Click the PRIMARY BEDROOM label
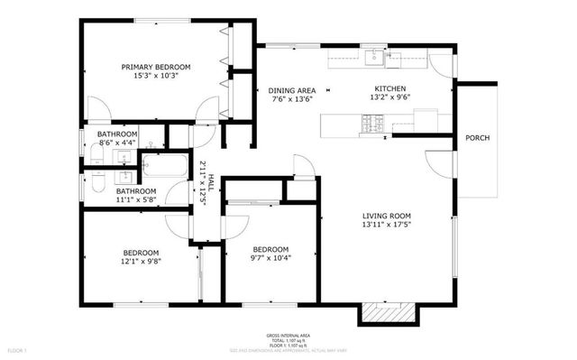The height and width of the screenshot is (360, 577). point(157,67)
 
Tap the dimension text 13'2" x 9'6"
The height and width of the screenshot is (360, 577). point(392,100)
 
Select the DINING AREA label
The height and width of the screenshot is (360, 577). point(291,89)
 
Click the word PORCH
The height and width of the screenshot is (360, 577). point(477,138)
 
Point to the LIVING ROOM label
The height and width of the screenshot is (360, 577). point(387,216)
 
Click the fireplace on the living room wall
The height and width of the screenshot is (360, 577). point(388,312)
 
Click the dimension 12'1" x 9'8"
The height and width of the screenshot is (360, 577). point(141,263)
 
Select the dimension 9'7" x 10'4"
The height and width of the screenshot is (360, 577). point(270,260)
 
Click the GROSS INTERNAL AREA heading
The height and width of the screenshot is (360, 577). point(288,334)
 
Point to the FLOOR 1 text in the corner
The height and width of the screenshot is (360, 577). point(18,349)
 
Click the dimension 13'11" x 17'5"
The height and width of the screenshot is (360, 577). point(387,226)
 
